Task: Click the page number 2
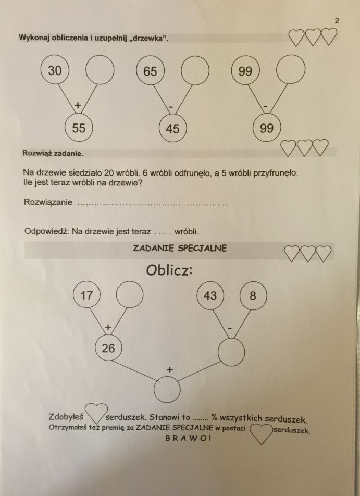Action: click(x=337, y=21)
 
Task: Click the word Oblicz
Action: click(x=169, y=270)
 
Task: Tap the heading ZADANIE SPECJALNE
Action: click(x=180, y=248)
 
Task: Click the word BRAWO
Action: click(x=188, y=438)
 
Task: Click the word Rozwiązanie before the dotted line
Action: click(x=48, y=202)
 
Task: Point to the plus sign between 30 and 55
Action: click(x=78, y=105)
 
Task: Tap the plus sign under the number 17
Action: click(x=108, y=327)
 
